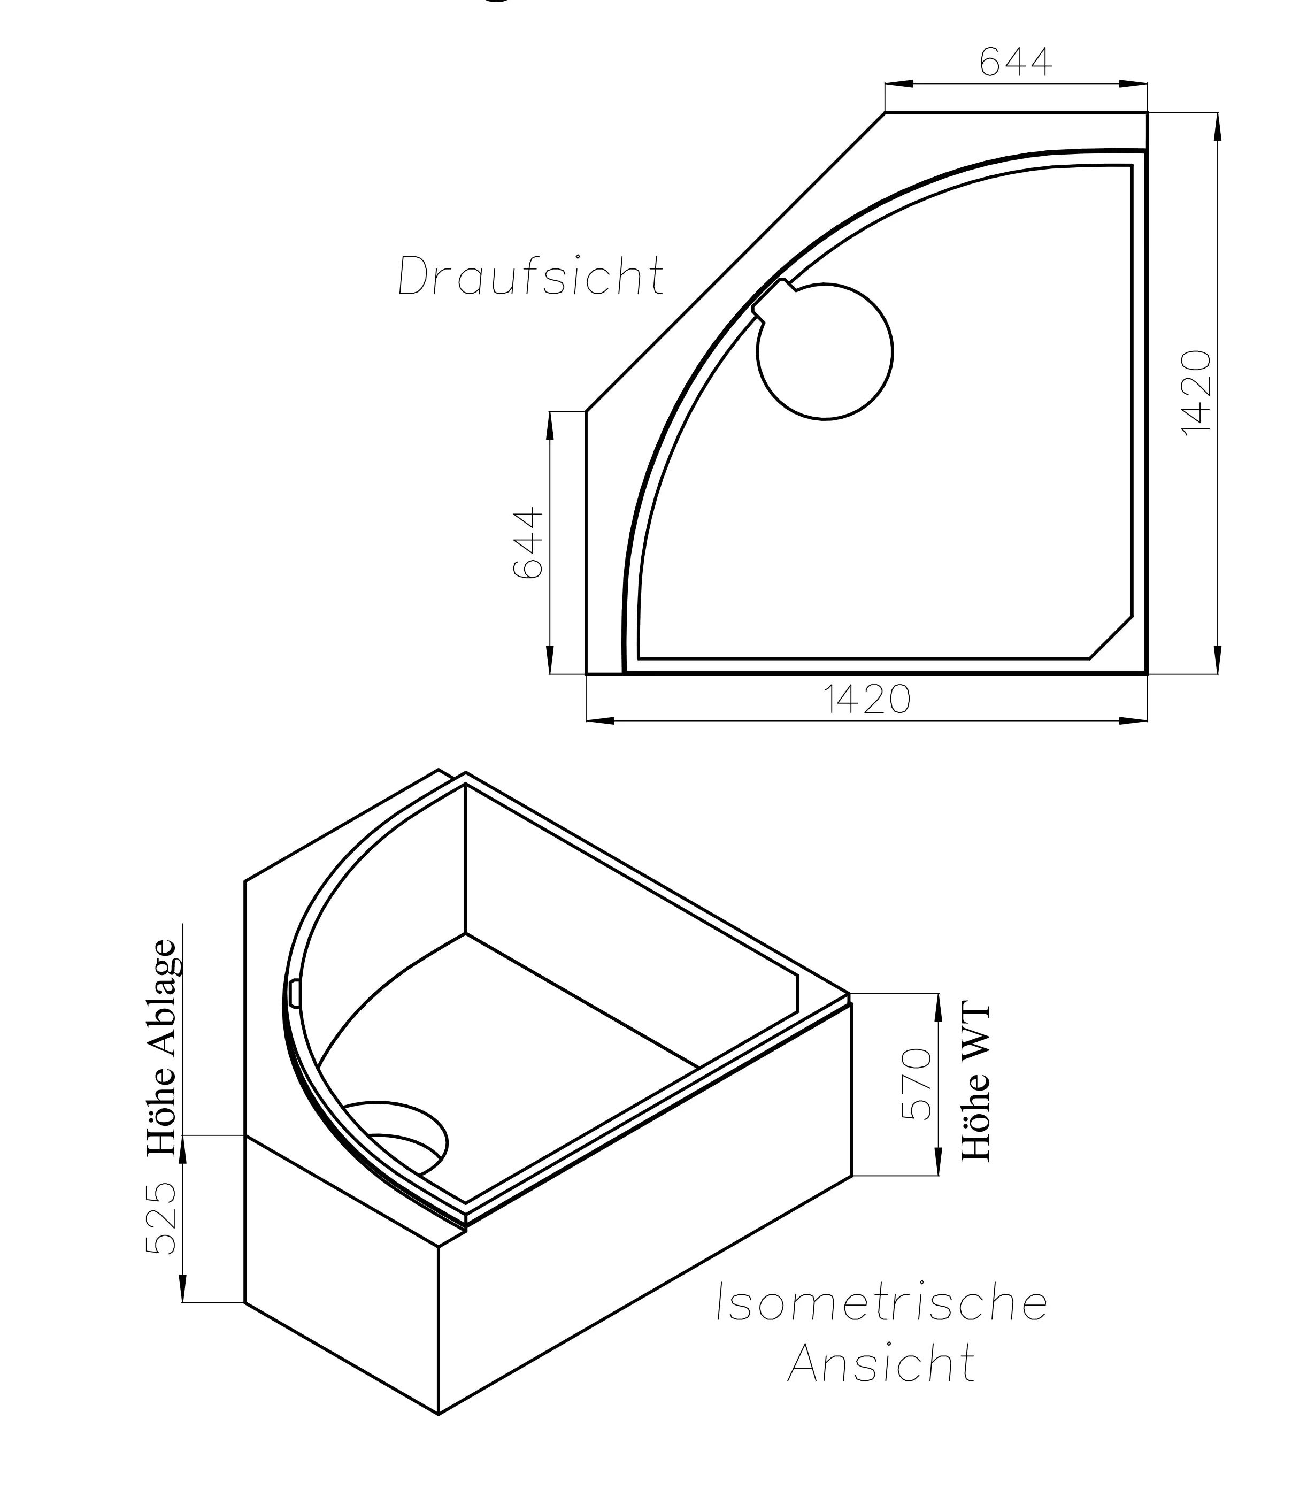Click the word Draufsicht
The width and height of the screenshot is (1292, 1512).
click(x=530, y=276)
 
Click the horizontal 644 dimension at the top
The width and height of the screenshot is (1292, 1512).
click(x=1015, y=63)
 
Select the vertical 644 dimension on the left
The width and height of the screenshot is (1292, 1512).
click(x=529, y=543)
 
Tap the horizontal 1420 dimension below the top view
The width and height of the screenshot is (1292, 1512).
click(x=867, y=699)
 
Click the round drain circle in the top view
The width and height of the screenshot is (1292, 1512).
click(x=825, y=352)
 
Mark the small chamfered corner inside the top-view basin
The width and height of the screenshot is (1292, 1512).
click(x=1110, y=638)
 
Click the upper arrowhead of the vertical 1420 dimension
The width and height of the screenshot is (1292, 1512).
click(x=1217, y=128)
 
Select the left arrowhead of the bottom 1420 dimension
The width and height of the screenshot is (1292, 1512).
click(x=599, y=721)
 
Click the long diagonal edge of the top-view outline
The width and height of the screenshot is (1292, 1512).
click(x=735, y=263)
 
